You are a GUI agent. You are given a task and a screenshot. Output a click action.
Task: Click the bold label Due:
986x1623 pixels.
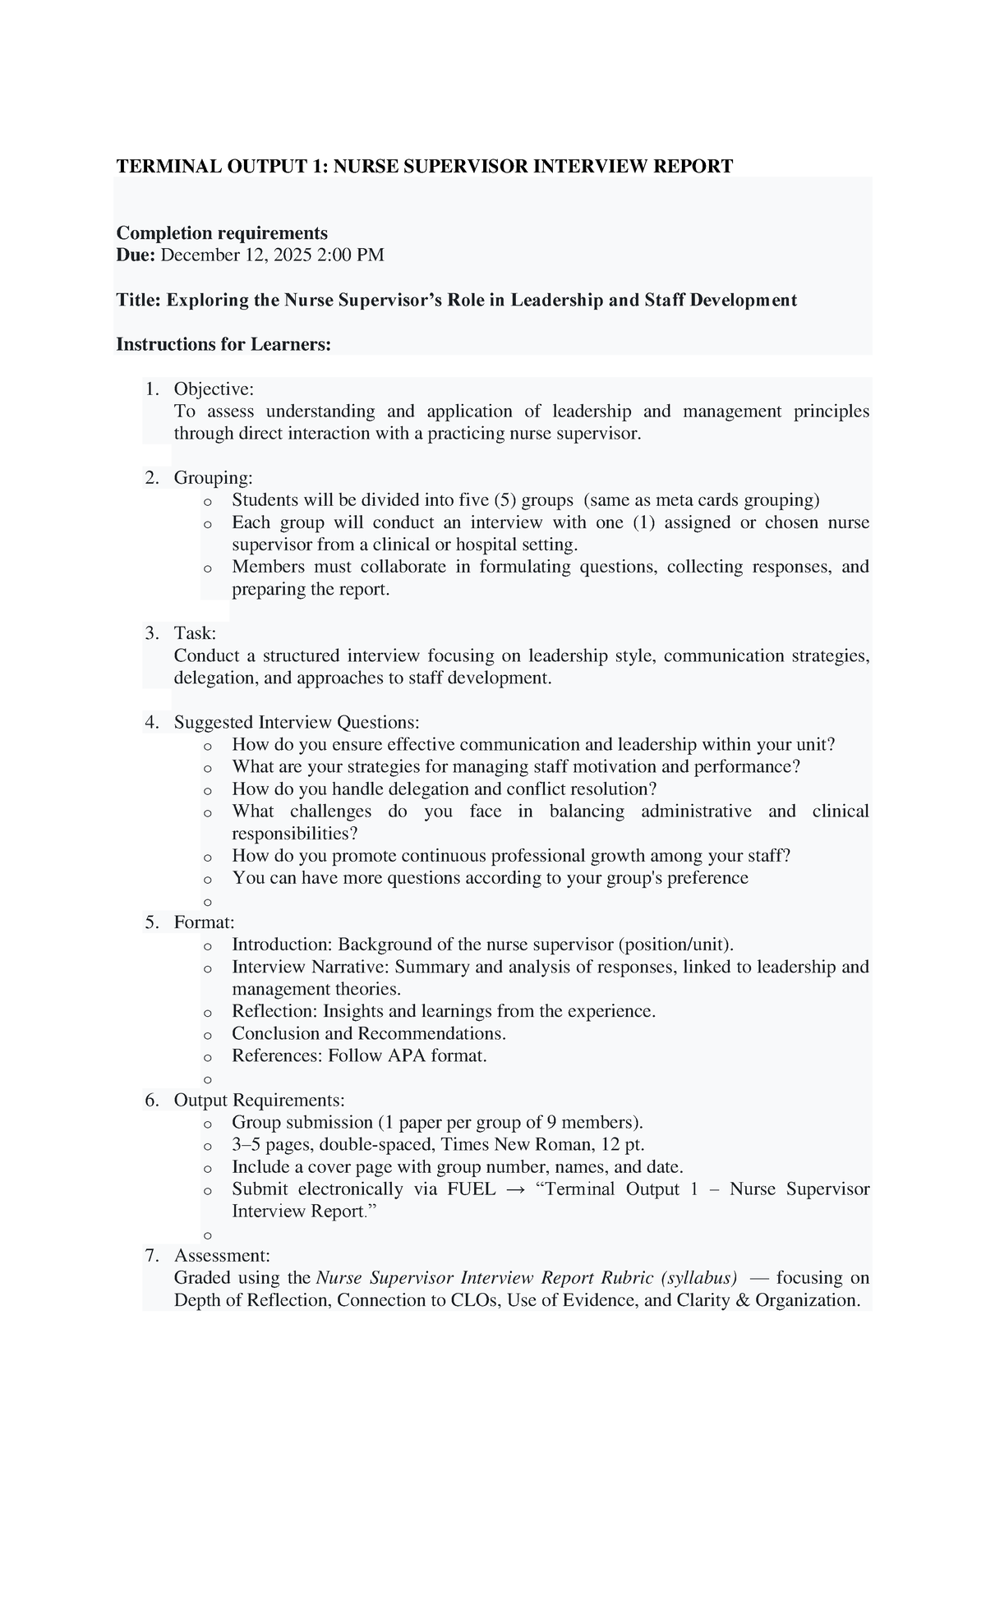[x=136, y=255]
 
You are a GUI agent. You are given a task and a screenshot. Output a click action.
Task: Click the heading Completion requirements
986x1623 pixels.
[x=222, y=233]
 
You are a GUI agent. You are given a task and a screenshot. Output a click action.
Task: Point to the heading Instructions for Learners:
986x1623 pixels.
[x=223, y=344]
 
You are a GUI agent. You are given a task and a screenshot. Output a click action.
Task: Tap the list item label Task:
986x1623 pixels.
[x=195, y=633]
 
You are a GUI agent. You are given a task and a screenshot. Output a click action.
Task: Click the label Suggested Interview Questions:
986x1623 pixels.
[x=297, y=723]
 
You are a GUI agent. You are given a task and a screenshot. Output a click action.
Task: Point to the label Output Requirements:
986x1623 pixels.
[x=259, y=1101]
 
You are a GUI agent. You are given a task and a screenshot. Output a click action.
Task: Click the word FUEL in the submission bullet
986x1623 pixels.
[x=471, y=1189]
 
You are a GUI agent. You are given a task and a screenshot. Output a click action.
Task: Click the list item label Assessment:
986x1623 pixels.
[x=221, y=1256]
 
